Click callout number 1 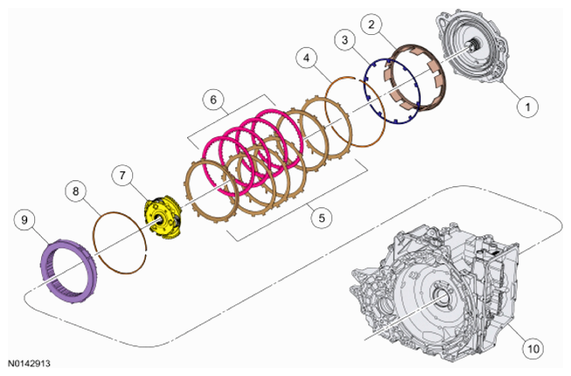527,107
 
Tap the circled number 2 371,24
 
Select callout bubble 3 345,39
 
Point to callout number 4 307,58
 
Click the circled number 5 322,218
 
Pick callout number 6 213,100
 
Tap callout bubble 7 122,176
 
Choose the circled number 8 76,191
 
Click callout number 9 24,219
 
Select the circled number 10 533,348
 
